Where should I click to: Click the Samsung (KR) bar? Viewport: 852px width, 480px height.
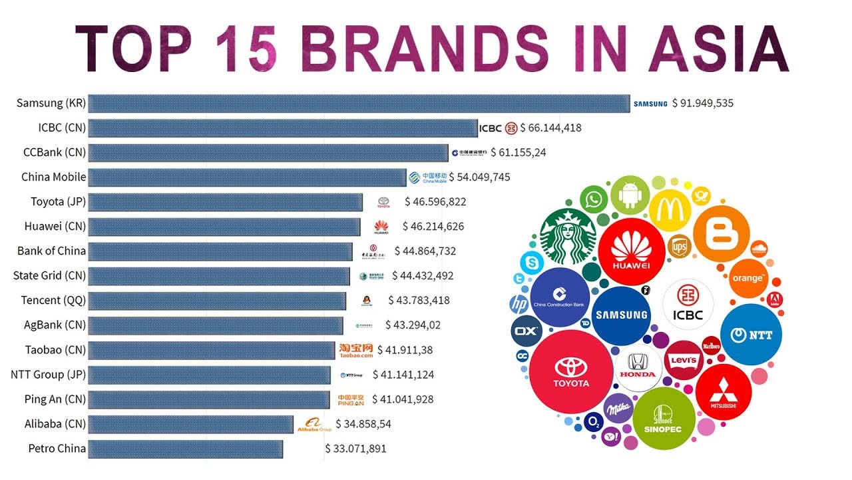tap(359, 103)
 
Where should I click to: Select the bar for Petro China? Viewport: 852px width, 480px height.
tap(185, 449)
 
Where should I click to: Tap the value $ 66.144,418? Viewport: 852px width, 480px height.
tap(550, 127)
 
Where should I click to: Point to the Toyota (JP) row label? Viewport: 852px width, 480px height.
tap(58, 201)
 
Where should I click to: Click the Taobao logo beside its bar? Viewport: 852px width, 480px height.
tap(356, 350)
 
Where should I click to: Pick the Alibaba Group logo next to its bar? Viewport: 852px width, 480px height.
tap(314, 424)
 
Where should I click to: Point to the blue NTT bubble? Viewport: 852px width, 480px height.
tap(751, 334)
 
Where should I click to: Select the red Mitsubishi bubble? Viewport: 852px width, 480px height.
tap(724, 392)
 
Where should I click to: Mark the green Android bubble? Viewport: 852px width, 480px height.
tap(630, 195)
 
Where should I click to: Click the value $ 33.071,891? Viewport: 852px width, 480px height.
tap(355, 449)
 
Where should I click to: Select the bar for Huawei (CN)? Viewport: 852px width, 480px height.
tap(224, 227)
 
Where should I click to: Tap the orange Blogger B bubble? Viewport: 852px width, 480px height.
tap(722, 233)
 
